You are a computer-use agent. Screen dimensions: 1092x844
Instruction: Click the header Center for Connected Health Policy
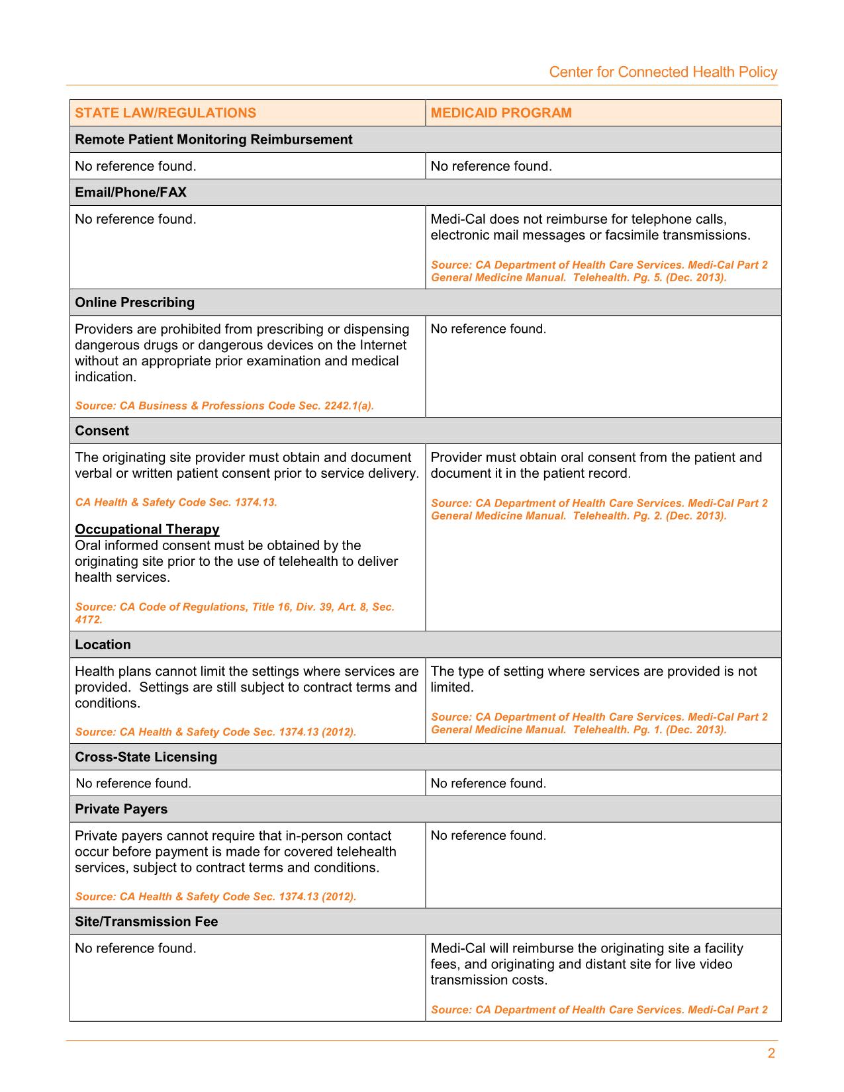coord(663,72)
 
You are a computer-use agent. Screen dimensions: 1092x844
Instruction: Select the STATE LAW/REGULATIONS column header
coord(165,113)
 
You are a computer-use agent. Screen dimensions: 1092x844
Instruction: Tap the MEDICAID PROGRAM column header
coord(501,113)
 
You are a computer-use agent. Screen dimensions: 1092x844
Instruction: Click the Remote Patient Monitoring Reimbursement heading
coord(213,140)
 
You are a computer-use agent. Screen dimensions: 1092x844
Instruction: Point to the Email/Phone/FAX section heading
coord(130,193)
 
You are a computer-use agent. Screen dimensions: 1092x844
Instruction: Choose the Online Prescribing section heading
coord(134,302)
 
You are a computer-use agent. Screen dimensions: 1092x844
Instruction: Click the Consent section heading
coord(102,431)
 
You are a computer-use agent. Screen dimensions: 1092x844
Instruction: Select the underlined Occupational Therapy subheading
coord(147,529)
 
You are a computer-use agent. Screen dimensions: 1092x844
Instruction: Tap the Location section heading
coord(103,645)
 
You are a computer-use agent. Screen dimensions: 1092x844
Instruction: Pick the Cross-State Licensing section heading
coord(146,757)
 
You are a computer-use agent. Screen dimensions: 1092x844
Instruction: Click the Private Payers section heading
coord(121,809)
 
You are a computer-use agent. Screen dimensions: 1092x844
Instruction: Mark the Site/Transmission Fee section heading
coord(146,922)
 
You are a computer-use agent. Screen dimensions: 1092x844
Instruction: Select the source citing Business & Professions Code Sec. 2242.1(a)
coord(224,406)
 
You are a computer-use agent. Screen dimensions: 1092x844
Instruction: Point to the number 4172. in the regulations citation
coord(89,620)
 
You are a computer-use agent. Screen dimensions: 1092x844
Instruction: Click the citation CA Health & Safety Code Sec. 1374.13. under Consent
coord(176,502)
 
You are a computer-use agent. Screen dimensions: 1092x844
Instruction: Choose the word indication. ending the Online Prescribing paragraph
coord(105,377)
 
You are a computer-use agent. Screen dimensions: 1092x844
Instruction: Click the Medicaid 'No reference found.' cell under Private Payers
coord(488,836)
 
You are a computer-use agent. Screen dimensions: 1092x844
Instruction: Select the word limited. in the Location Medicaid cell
coord(452,688)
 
